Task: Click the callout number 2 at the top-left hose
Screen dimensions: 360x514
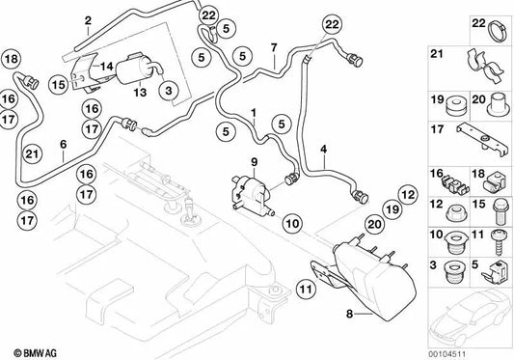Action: pos(88,19)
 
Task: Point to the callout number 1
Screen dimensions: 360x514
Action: pos(254,113)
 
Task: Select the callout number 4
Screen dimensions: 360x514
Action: pos(324,148)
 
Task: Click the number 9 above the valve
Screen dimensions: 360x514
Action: pos(255,160)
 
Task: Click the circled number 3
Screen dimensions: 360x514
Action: pos(168,91)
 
